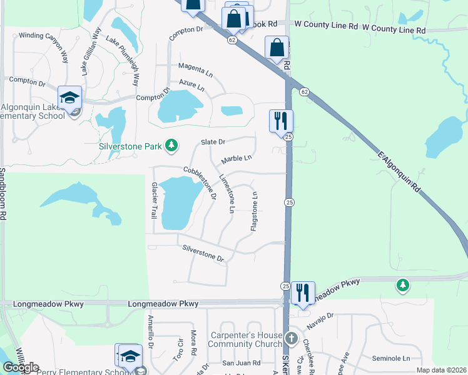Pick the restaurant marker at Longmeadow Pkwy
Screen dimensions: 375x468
coord(302,292)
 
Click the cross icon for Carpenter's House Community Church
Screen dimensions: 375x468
coord(290,339)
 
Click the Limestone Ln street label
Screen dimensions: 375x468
coord(226,194)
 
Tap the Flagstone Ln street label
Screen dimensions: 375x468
coord(255,211)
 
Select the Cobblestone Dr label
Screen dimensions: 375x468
coord(200,182)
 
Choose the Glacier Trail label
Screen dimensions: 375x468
coord(153,200)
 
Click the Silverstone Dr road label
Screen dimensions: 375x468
coord(203,253)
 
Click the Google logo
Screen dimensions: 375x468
coord(20,367)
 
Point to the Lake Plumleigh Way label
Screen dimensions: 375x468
coord(123,61)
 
